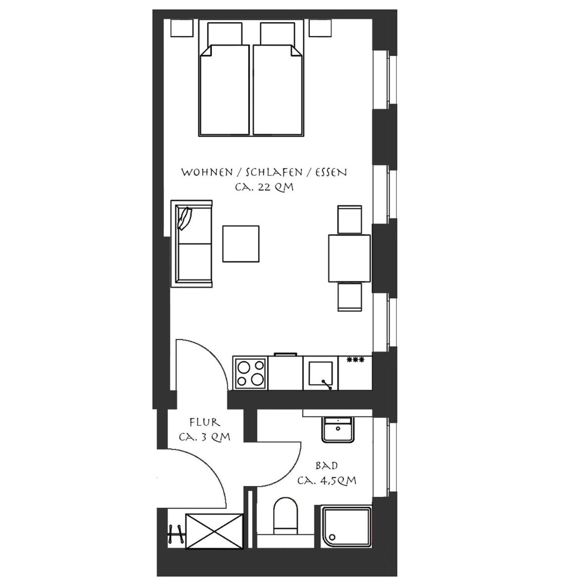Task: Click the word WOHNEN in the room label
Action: click(207, 172)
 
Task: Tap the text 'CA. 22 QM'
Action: click(264, 187)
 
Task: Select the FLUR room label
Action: click(205, 422)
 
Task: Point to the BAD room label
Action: click(327, 466)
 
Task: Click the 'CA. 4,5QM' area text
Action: click(327, 480)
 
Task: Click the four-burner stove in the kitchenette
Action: click(250, 373)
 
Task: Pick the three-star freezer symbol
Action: click(355, 360)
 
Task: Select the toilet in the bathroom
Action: click(286, 516)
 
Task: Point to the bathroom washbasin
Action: click(338, 430)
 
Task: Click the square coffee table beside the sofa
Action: click(241, 244)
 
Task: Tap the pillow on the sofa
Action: click(185, 218)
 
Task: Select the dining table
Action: click(349, 258)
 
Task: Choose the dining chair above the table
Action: click(350, 219)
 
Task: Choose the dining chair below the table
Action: click(350, 297)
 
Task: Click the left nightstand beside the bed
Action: click(182, 28)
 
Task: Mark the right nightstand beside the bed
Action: click(320, 28)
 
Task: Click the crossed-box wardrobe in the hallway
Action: click(214, 531)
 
